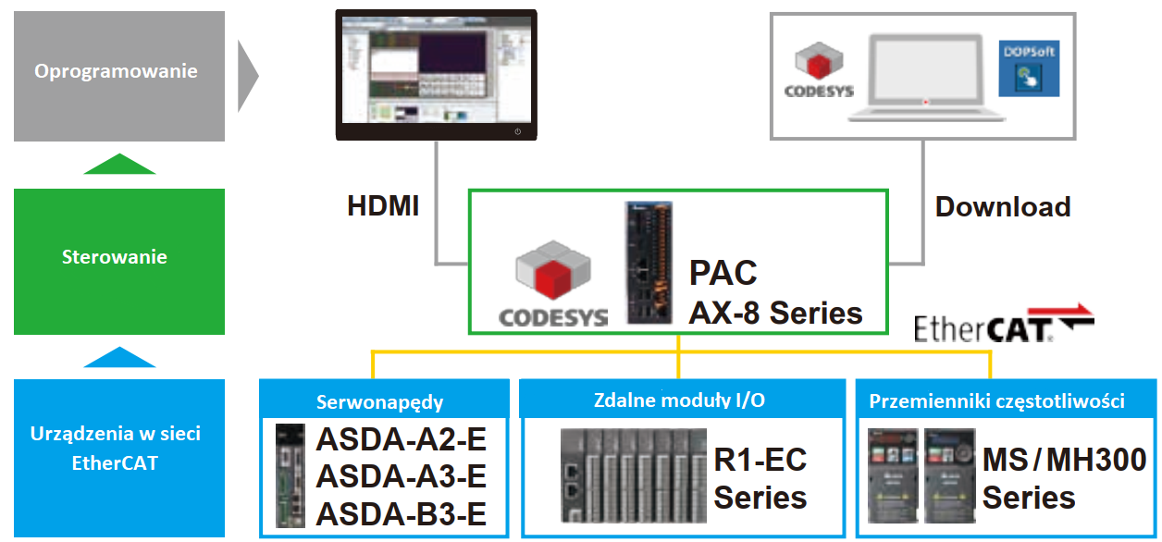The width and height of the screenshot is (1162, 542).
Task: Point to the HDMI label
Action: tap(383, 206)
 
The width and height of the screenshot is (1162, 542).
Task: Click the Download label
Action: tap(1003, 206)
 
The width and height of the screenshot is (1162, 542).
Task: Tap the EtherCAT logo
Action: tap(1003, 326)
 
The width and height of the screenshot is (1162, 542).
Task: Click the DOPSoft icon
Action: tap(1029, 68)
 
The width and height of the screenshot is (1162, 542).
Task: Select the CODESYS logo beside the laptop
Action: tap(818, 69)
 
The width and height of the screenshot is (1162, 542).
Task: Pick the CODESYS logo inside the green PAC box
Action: tap(552, 284)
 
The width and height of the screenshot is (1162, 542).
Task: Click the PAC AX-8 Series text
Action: tap(775, 293)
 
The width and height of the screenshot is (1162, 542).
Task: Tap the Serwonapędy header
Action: tap(380, 402)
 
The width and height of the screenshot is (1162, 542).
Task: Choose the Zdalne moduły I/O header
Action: tap(679, 400)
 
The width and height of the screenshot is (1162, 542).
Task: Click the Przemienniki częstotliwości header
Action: tap(996, 401)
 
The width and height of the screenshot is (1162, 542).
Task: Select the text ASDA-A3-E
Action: tap(402, 475)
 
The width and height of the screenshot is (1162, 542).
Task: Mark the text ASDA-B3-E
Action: tap(402, 513)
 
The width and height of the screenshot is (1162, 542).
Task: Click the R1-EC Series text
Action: tap(760, 478)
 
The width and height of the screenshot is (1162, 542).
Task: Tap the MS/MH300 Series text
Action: tap(1064, 478)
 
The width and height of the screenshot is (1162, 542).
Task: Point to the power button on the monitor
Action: tap(517, 132)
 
